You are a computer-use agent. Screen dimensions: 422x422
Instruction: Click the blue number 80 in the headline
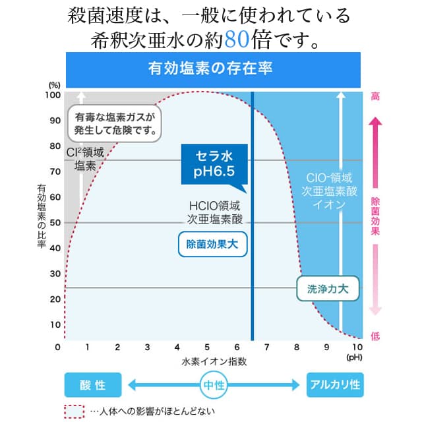(238, 41)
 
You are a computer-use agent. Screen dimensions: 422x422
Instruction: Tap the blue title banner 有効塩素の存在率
(211, 68)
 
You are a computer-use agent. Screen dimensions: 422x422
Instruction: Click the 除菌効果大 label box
(212, 245)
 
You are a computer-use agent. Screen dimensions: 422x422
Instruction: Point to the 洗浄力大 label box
(328, 288)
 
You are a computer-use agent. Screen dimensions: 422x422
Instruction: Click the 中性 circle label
(212, 385)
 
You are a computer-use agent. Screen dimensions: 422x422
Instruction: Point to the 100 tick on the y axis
(52, 95)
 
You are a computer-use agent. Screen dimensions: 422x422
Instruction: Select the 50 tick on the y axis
(54, 223)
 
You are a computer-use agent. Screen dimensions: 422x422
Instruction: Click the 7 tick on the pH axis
(268, 347)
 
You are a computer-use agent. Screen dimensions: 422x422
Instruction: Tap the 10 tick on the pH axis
(357, 347)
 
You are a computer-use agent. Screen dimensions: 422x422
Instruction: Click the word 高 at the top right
(375, 96)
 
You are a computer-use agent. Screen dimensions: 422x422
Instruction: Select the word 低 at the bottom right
(375, 336)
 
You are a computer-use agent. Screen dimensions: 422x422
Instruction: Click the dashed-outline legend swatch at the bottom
(74, 411)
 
